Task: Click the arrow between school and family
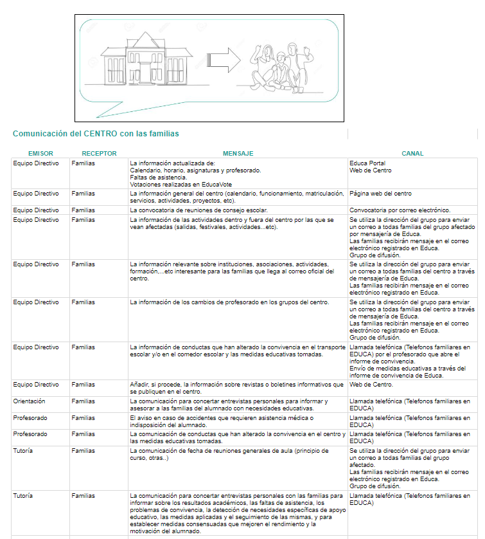(x=225, y=61)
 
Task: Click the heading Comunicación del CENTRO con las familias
(x=96, y=134)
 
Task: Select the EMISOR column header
(x=40, y=154)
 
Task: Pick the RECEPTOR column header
(x=99, y=154)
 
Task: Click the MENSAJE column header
(x=238, y=154)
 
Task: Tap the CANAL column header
(x=412, y=154)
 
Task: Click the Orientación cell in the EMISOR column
(x=29, y=401)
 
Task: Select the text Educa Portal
(x=367, y=163)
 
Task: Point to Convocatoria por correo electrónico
(x=400, y=210)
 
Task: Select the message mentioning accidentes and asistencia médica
(x=222, y=421)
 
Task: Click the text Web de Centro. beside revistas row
(x=371, y=385)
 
